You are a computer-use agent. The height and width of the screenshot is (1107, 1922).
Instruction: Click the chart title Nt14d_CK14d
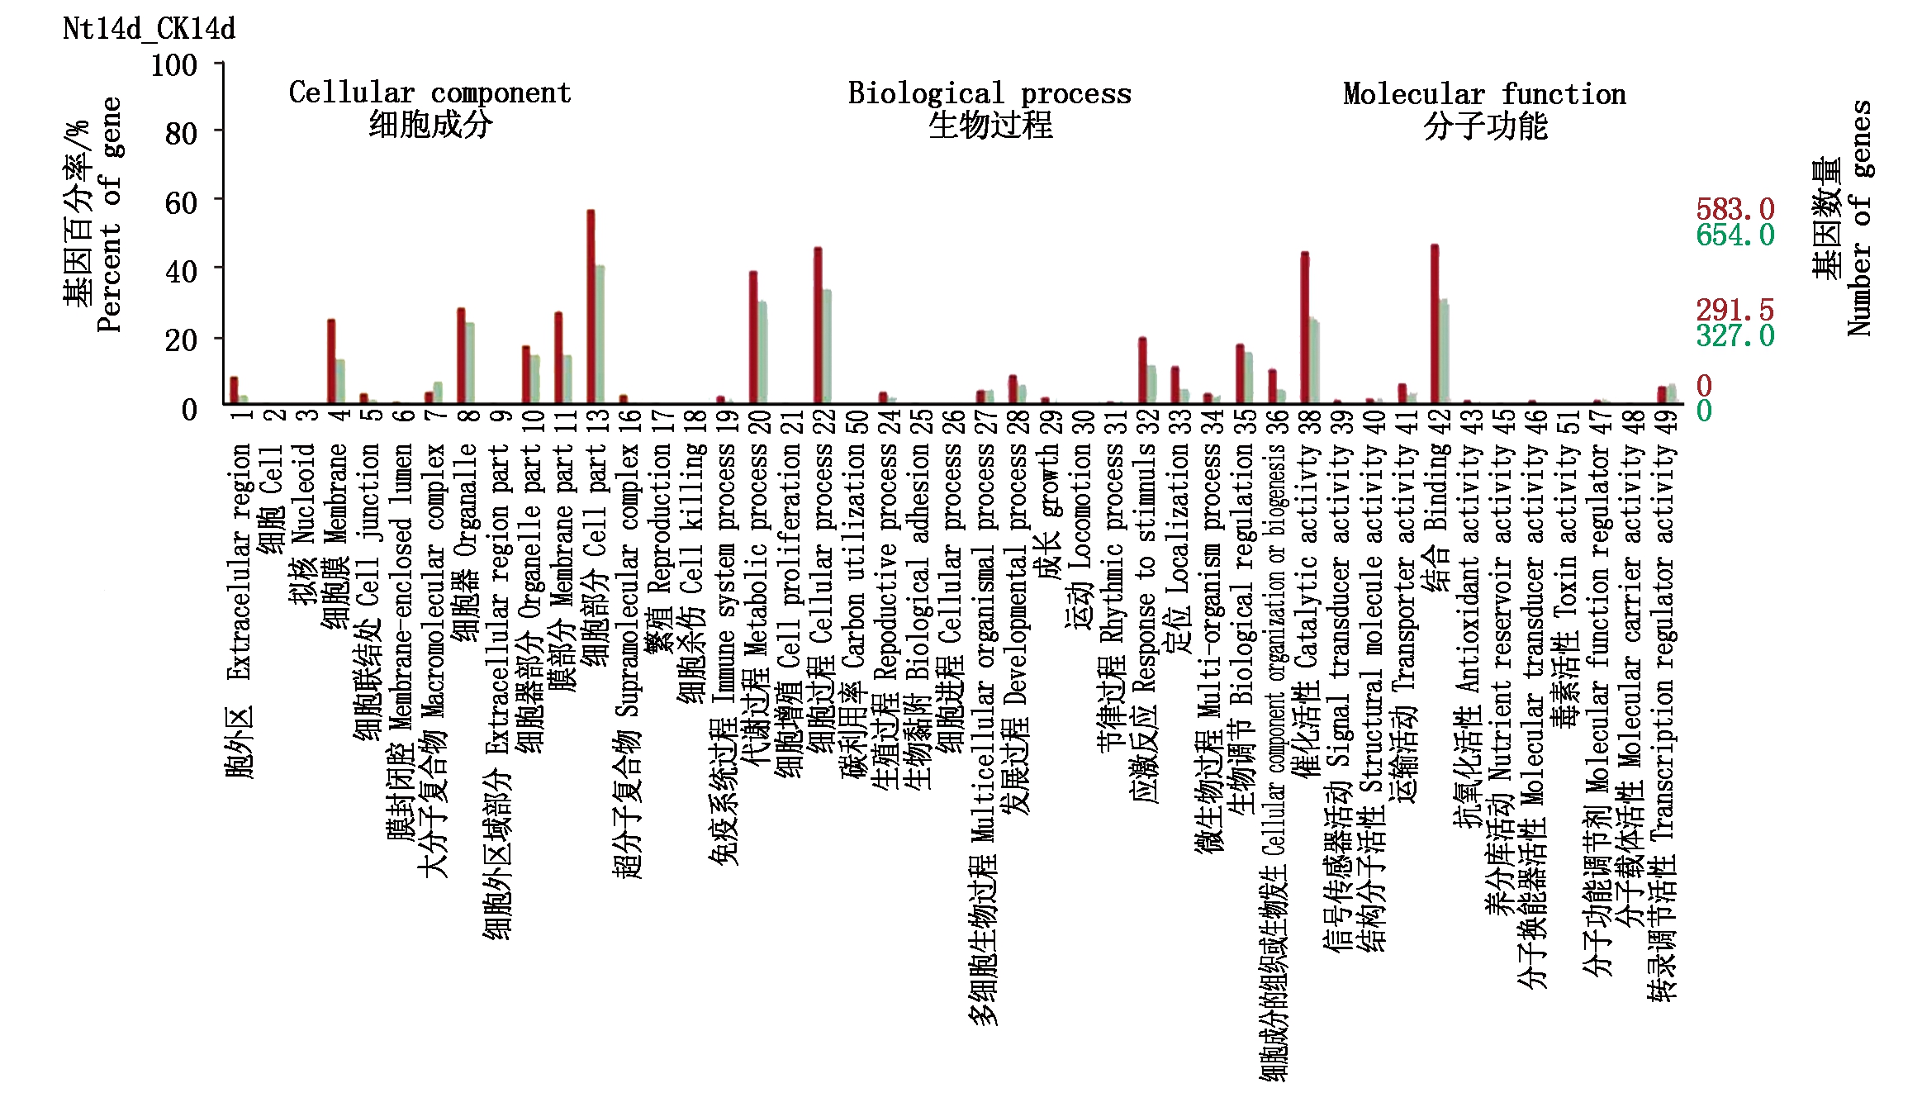149,29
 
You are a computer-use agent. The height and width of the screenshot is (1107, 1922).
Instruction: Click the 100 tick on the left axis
173,65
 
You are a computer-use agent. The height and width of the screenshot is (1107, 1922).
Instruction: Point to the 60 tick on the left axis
181,202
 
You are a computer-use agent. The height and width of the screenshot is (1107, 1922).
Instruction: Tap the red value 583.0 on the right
1735,208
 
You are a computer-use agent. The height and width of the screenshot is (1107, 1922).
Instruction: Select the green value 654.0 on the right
1735,235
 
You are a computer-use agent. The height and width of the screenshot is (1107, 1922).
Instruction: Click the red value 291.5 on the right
1735,310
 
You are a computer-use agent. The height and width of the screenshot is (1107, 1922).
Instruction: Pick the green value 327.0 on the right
1735,336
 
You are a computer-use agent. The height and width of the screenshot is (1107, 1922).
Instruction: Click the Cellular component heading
429,93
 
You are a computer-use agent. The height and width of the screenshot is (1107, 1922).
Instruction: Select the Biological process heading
989,93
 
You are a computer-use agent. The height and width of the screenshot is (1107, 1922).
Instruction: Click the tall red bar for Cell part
591,306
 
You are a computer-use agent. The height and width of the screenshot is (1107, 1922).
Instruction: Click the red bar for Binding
1435,322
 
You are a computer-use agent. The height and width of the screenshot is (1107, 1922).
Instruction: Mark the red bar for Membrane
331,360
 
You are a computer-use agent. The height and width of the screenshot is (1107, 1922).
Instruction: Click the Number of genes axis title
1859,218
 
